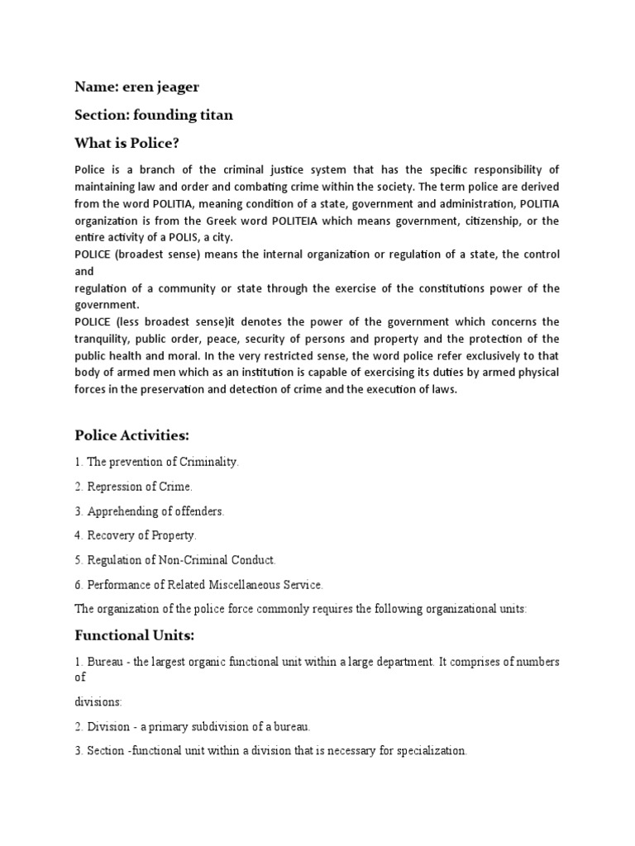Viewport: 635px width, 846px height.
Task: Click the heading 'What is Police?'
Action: (x=127, y=143)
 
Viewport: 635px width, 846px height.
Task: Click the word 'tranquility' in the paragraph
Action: (x=105, y=339)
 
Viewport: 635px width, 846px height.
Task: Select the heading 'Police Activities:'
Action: (x=137, y=435)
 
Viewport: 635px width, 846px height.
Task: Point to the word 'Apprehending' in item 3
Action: (x=122, y=511)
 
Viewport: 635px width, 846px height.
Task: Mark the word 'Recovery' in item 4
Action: (x=111, y=535)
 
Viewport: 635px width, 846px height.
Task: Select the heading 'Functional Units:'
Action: (x=136, y=635)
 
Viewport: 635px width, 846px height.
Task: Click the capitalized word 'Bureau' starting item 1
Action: (x=104, y=663)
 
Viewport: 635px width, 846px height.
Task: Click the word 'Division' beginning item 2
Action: (x=108, y=726)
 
